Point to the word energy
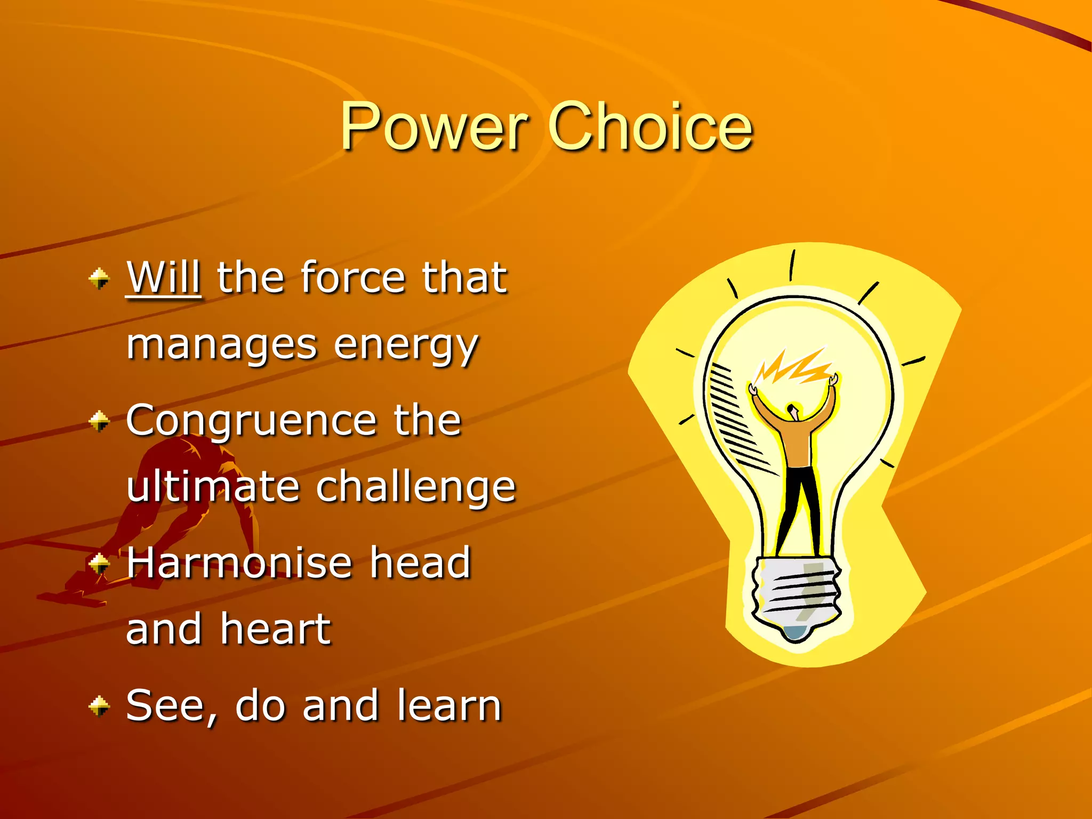pyautogui.click(x=406, y=346)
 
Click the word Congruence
pyautogui.click(x=252, y=420)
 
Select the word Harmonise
pyautogui.click(x=240, y=563)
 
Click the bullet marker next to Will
pyautogui.click(x=99, y=278)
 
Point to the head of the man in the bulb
pyautogui.click(x=794, y=411)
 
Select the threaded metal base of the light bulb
pyautogui.click(x=797, y=592)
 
